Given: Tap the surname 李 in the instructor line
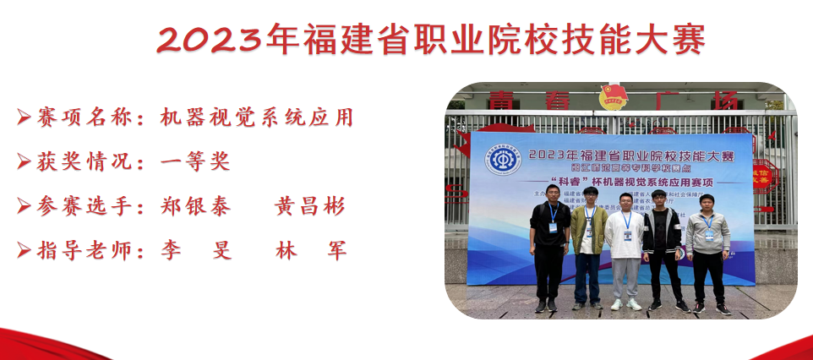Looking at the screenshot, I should click(171, 250).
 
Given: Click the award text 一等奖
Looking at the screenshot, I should click(195, 161).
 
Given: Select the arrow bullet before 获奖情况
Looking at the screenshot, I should click(24, 161).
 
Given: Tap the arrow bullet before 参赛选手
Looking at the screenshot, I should click(24, 206).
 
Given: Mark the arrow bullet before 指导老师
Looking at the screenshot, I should click(24, 250).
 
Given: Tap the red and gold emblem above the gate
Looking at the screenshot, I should click(614, 96).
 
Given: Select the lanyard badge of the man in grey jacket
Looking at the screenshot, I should click(708, 232).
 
